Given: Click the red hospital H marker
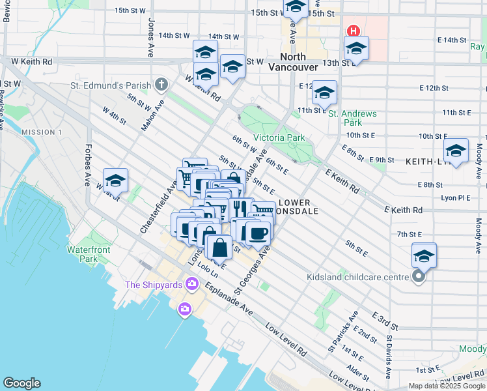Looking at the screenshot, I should pos(354,31).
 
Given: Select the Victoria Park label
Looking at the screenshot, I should pos(279,138).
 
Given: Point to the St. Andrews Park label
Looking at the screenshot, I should pos(352,118).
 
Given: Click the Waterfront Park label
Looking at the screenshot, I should pos(88,254).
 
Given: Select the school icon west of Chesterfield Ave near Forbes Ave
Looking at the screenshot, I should pos(115,180).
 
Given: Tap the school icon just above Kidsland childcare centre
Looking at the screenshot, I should pos(424,255).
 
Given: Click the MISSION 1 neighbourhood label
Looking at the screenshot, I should pos(42,132).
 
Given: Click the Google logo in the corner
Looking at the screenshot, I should pos(21,383).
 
